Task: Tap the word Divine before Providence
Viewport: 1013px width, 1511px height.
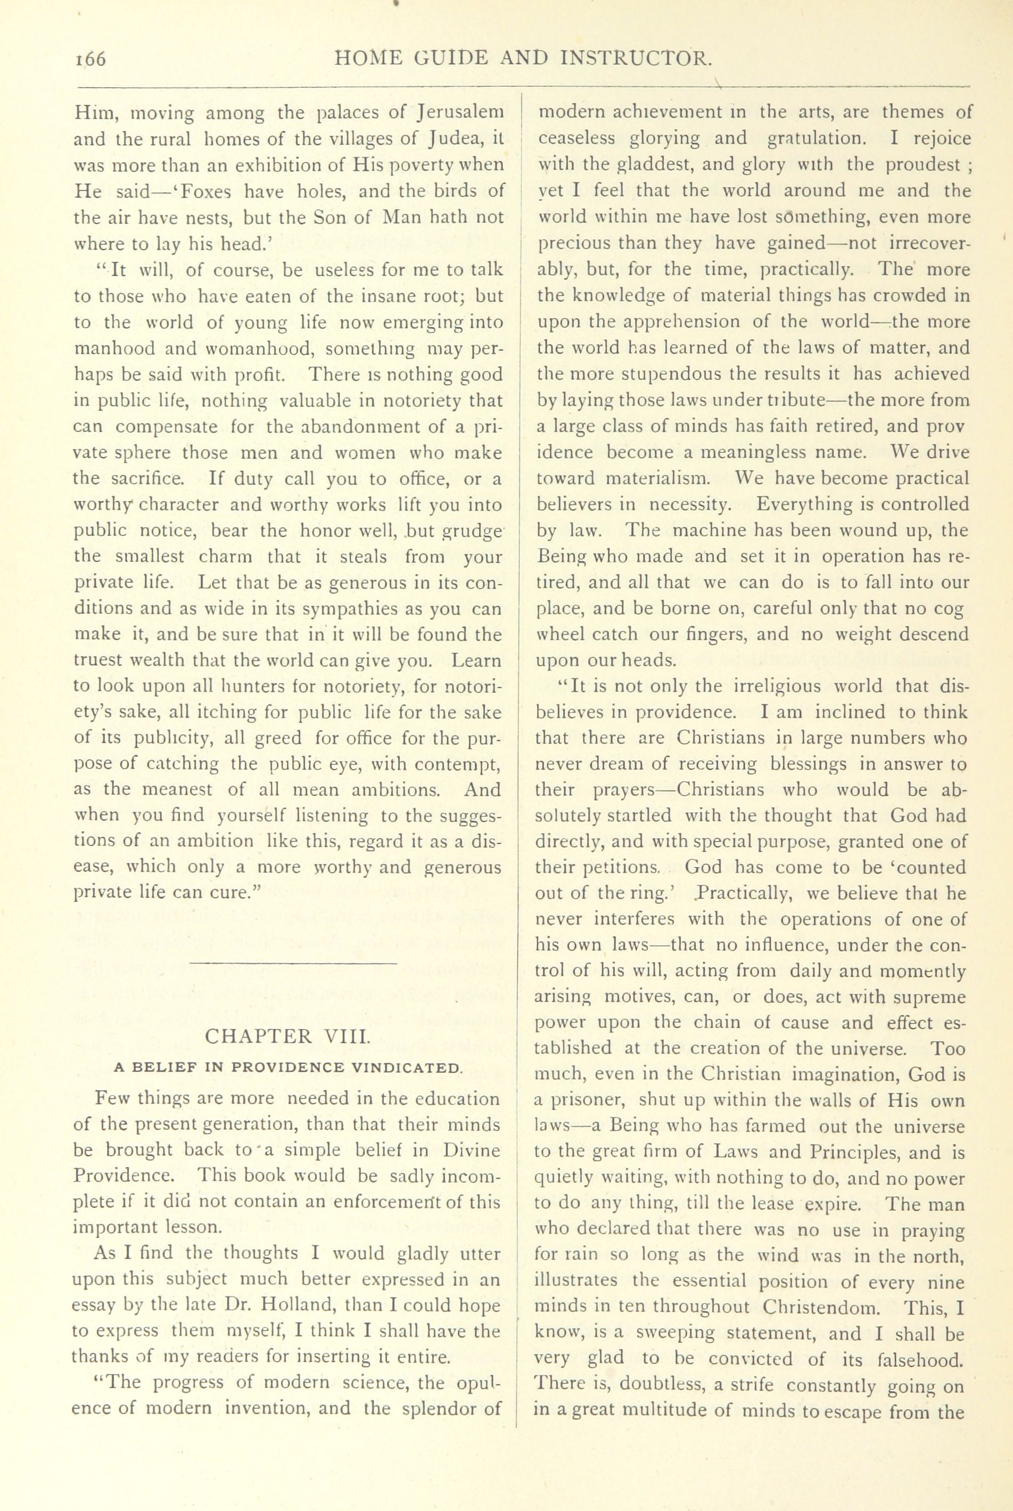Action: pyautogui.click(x=474, y=1150)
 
